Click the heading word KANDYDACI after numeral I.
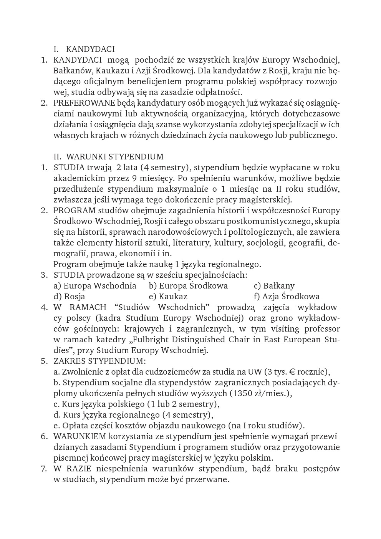(x=90, y=49)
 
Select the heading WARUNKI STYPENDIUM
(x=114, y=157)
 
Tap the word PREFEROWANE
(x=79, y=103)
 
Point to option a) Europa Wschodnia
(x=95, y=286)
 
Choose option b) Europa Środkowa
(x=188, y=286)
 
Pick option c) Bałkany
(x=274, y=286)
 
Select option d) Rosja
(x=70, y=297)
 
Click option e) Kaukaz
(x=168, y=297)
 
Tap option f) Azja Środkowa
(x=287, y=297)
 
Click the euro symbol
(x=292, y=372)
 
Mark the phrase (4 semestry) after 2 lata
(x=164, y=168)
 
